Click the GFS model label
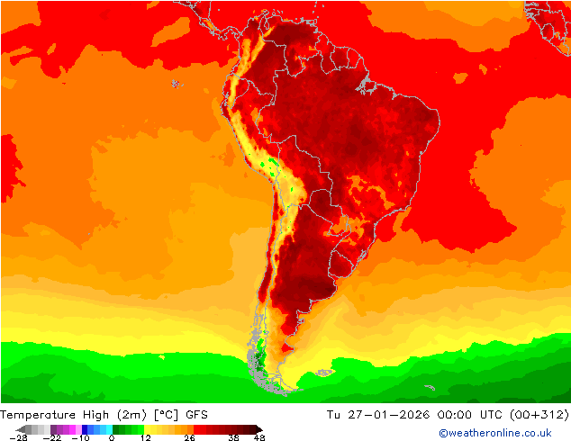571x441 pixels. coord(198,415)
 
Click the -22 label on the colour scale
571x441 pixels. coord(51,437)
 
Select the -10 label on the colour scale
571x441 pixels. coord(81,437)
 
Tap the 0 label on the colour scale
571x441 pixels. coord(112,437)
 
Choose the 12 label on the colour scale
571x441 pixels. coord(145,437)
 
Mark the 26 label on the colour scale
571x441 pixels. coord(189,437)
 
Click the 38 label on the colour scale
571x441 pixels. coord(233,437)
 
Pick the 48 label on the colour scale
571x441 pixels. coord(259,437)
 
